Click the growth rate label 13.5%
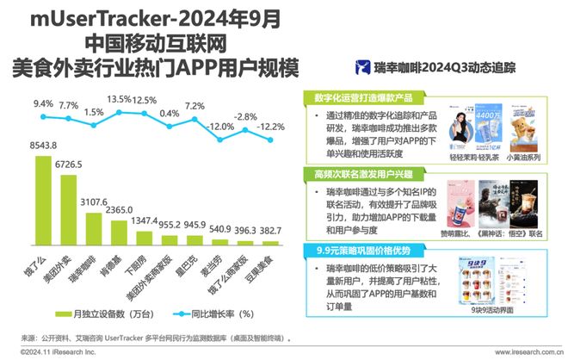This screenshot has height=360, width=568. click(x=118, y=99)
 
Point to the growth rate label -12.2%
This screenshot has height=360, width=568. click(x=270, y=126)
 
